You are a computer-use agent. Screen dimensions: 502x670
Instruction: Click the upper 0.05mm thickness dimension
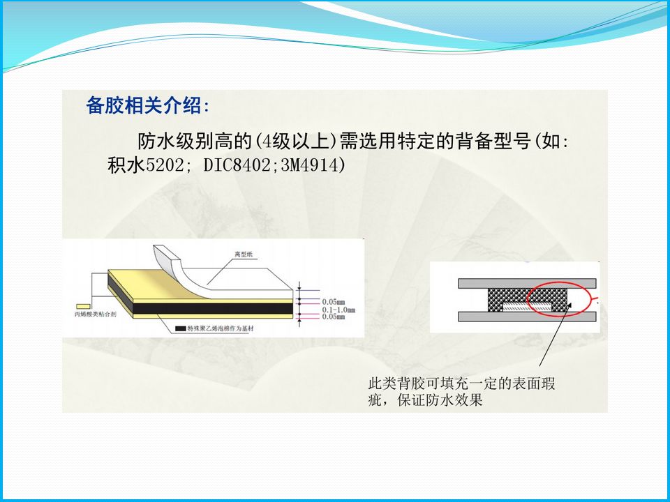pyautogui.click(x=334, y=302)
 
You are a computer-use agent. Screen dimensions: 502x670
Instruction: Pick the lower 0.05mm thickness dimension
pyautogui.click(x=334, y=316)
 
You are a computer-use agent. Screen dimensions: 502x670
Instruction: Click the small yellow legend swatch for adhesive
pyautogui.click(x=82, y=305)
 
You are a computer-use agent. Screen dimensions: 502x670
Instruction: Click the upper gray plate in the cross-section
pyautogui.click(x=526, y=282)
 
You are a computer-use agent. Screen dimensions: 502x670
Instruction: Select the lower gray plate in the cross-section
pyautogui.click(x=526, y=317)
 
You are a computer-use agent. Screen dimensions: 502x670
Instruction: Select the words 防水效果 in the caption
pyautogui.click(x=457, y=401)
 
